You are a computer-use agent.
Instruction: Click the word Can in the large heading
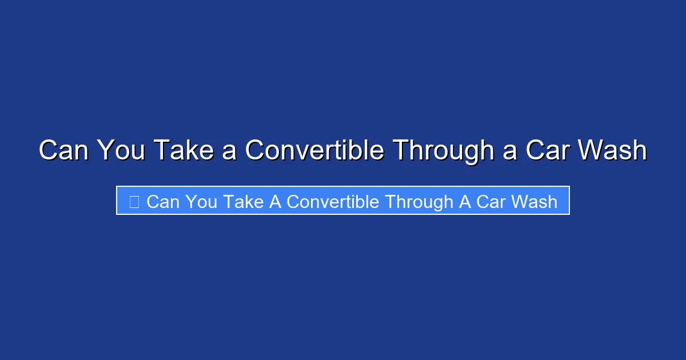tap(63, 150)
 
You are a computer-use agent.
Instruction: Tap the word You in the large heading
tap(121, 150)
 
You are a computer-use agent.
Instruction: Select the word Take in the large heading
tap(184, 150)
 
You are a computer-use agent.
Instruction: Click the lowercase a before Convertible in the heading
tap(229, 153)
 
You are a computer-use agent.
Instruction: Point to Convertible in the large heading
tap(314, 150)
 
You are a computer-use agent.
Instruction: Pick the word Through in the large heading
tap(444, 152)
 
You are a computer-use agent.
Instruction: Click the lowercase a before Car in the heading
tap(510, 153)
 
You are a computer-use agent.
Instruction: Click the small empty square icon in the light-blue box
tap(134, 202)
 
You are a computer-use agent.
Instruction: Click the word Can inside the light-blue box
tap(163, 202)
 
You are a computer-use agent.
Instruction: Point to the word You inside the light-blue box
tap(201, 202)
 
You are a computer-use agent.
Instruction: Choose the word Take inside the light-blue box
tap(244, 202)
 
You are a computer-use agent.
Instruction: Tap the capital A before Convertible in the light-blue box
tap(276, 202)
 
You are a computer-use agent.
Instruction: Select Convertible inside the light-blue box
tap(333, 202)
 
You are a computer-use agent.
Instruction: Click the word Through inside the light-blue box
tap(419, 203)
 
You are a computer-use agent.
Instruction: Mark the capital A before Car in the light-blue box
tap(465, 202)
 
